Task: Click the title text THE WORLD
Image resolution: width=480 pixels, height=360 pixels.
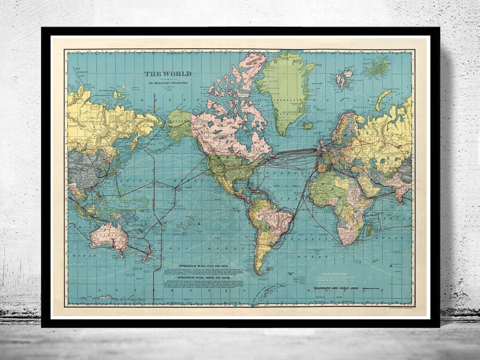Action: pos(168,74)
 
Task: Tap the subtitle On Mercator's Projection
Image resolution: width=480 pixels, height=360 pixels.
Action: pos(168,83)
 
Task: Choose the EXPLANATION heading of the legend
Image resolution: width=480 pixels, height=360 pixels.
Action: pos(334,274)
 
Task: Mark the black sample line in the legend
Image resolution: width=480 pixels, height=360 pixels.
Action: pos(371,289)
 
